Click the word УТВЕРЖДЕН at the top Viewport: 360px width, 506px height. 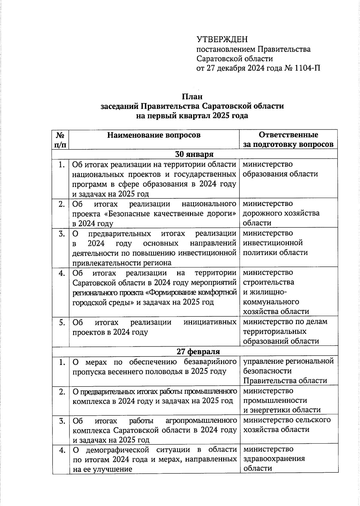pyautogui.click(x=222, y=39)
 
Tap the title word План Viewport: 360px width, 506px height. pyautogui.click(x=192, y=97)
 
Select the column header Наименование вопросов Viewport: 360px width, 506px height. pyautogui.click(x=154, y=135)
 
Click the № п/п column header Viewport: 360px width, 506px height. pyautogui.click(x=61, y=140)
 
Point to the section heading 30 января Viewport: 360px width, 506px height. pyautogui.click(x=194, y=154)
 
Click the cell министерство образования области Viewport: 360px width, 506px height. pyautogui.click(x=280, y=169)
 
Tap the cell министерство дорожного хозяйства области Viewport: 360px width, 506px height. pyautogui.click(x=281, y=213)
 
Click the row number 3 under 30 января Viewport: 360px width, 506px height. pyautogui.click(x=62, y=233)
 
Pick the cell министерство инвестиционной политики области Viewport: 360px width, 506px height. pyautogui.click(x=275, y=243)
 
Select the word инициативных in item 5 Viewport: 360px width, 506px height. pyautogui.click(x=210, y=322)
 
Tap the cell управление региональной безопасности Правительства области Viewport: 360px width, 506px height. pyautogui.click(x=288, y=371)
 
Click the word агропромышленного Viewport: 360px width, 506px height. pyautogui.click(x=201, y=420)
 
